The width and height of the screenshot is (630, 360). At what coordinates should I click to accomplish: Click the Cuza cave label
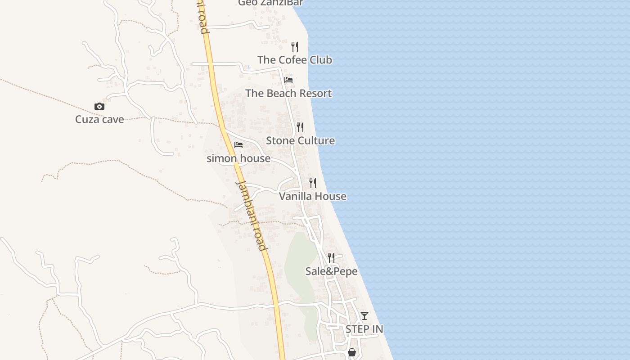tap(99, 119)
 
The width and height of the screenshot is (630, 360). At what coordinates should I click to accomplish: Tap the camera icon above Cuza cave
tap(99, 107)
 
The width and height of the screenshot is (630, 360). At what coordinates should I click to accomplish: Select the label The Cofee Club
tap(295, 60)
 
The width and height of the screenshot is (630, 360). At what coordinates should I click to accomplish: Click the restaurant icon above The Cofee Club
tap(295, 46)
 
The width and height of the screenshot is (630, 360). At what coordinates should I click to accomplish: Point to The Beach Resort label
tap(288, 93)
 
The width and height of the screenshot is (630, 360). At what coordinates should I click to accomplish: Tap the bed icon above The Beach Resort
tap(288, 80)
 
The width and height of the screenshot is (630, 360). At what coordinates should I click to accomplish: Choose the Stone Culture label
tap(300, 140)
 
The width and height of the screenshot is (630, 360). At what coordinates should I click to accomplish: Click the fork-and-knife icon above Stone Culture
tap(300, 127)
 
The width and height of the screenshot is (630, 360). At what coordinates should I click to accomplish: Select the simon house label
tap(238, 158)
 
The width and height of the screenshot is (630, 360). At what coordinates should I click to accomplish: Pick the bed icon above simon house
tap(238, 145)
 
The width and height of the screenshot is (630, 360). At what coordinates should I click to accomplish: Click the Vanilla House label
tap(313, 196)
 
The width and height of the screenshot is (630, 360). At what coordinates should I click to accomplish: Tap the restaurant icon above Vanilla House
tap(313, 183)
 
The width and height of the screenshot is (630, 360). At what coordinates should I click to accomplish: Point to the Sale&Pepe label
tap(332, 271)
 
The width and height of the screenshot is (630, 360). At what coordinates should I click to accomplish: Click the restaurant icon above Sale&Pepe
tap(331, 258)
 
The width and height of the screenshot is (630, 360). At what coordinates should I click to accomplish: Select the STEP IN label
tap(364, 329)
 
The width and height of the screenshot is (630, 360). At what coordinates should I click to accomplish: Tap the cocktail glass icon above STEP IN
tap(364, 316)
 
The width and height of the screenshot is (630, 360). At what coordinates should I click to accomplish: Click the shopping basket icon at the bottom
tap(352, 352)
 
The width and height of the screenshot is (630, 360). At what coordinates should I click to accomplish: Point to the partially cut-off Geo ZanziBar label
tap(270, 3)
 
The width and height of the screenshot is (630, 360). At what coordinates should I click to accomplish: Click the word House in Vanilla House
tap(331, 196)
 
